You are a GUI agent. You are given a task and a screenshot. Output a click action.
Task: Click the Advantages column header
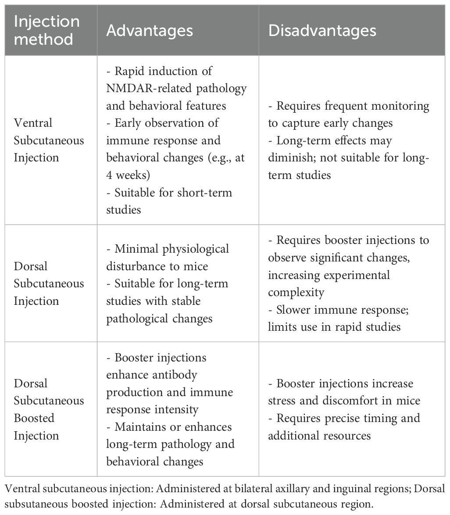(x=150, y=30)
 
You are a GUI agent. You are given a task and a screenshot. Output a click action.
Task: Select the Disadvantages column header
(x=322, y=30)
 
